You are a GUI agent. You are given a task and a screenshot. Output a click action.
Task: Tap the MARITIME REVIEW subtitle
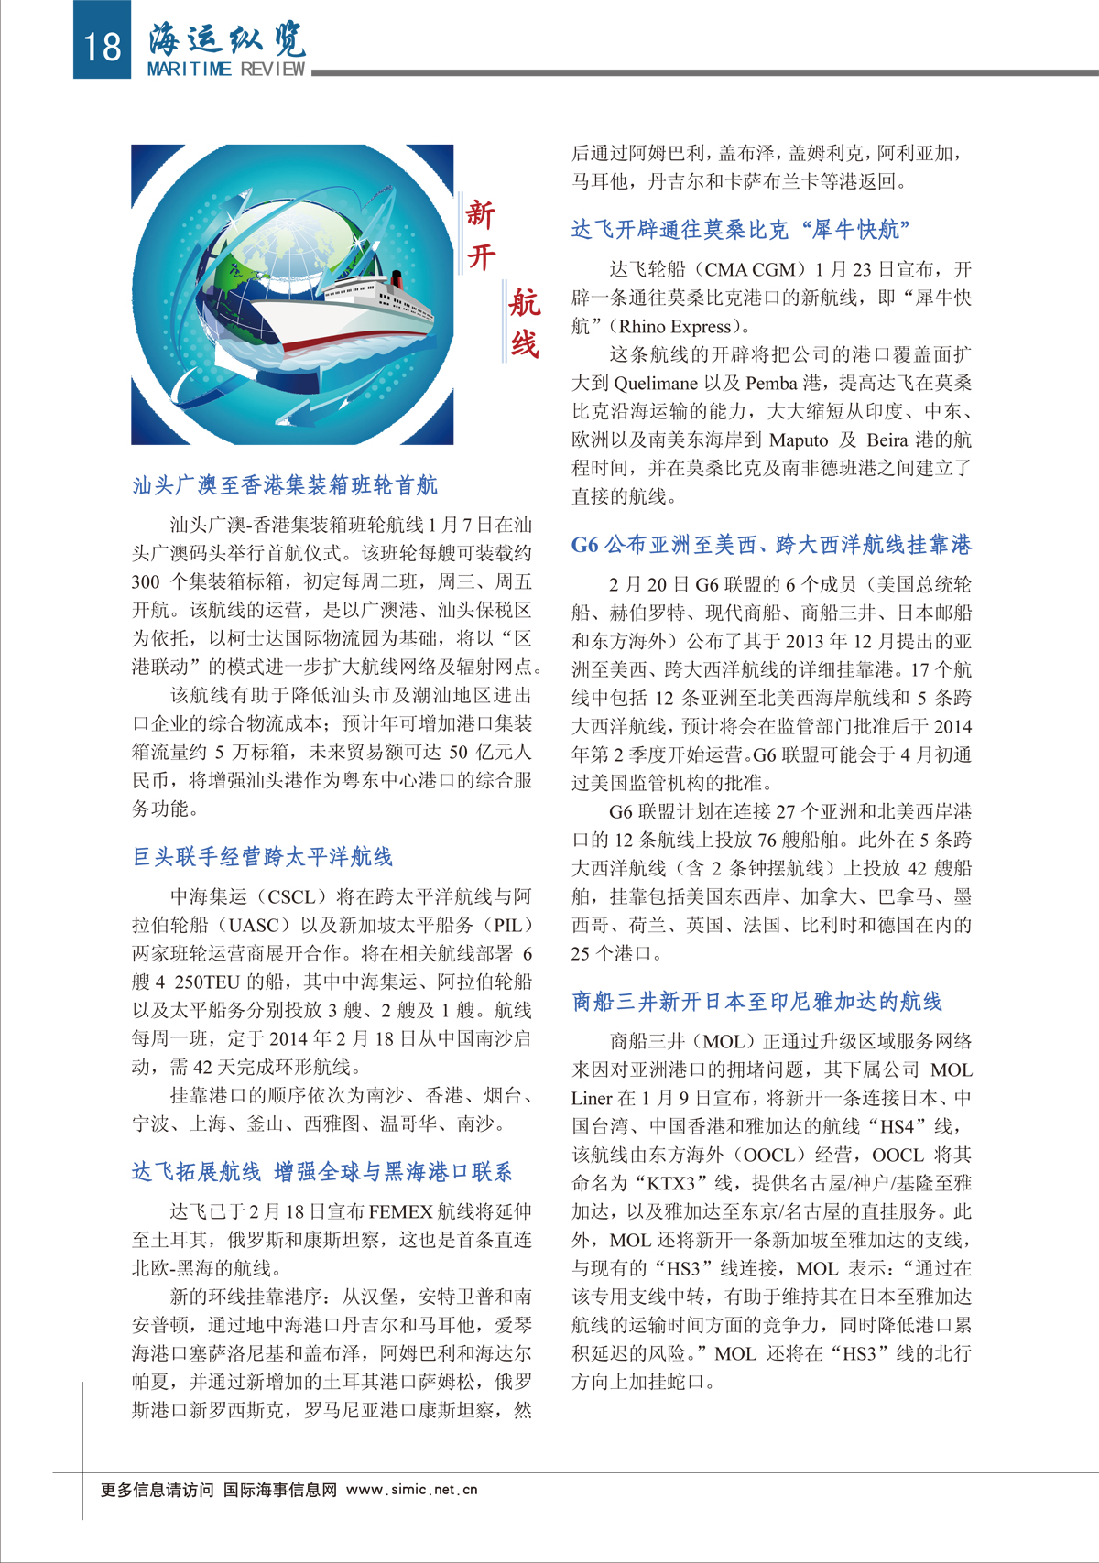[x=226, y=69]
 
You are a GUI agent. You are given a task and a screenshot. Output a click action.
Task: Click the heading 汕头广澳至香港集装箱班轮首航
[x=285, y=484]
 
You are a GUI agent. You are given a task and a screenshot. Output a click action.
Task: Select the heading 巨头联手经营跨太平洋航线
[x=263, y=857]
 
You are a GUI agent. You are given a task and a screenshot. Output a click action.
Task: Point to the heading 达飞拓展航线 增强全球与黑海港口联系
[x=321, y=1172]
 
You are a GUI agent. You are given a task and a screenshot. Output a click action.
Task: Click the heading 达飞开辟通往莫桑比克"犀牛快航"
[x=740, y=230]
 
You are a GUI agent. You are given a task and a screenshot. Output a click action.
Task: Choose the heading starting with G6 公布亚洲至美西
[x=771, y=545]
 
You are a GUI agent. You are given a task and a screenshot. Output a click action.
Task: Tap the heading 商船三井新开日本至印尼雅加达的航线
[x=756, y=1002]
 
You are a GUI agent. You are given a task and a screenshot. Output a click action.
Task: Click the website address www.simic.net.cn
[x=412, y=1490]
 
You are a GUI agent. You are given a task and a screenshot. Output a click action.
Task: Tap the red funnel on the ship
[x=397, y=278]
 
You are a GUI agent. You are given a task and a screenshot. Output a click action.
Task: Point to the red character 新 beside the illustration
[x=481, y=214]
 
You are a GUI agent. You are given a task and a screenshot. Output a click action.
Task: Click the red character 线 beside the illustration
[x=525, y=344]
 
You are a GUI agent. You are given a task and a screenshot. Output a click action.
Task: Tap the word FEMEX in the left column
[x=400, y=1212]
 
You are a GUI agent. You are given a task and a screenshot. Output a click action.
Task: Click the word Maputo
[x=799, y=440]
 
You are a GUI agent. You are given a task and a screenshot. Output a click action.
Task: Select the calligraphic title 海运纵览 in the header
[x=227, y=38]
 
